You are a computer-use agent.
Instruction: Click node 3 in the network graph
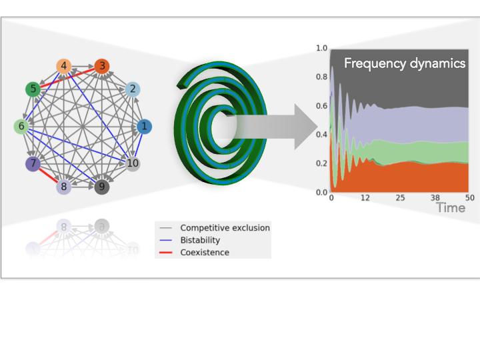pyautogui.click(x=101, y=66)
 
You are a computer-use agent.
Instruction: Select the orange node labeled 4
pyautogui.click(x=64, y=66)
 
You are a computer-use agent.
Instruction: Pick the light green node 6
pyautogui.click(x=21, y=126)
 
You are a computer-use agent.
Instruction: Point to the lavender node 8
pyautogui.click(x=64, y=187)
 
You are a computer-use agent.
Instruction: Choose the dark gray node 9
pyautogui.click(x=101, y=187)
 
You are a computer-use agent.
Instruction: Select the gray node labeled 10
pyautogui.click(x=133, y=163)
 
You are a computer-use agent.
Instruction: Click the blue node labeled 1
pyautogui.click(x=144, y=126)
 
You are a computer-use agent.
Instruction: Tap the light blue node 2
pyautogui.click(x=133, y=89)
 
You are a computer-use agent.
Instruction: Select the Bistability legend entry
pyautogui.click(x=200, y=240)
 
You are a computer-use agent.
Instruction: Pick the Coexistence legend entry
pyautogui.click(x=204, y=253)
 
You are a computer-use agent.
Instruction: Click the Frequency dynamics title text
pyautogui.click(x=404, y=64)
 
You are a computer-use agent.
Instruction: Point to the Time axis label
pyautogui.click(x=451, y=208)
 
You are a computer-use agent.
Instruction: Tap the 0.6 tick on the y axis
pyautogui.click(x=321, y=106)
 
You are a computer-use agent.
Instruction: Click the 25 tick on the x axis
pyautogui.click(x=400, y=198)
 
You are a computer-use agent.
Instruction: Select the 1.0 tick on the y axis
pyautogui.click(x=321, y=49)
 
